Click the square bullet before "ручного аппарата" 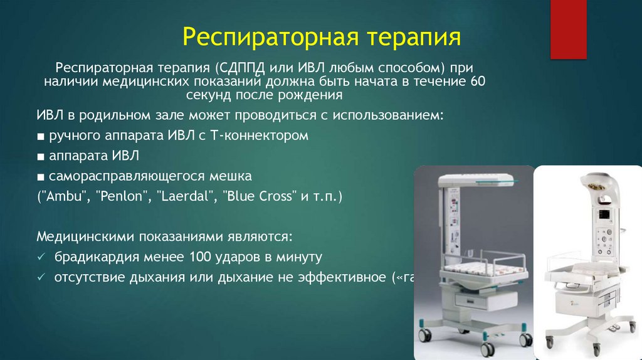pyautogui.click(x=40, y=136)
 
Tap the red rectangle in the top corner pyautogui.click(x=568, y=29)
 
